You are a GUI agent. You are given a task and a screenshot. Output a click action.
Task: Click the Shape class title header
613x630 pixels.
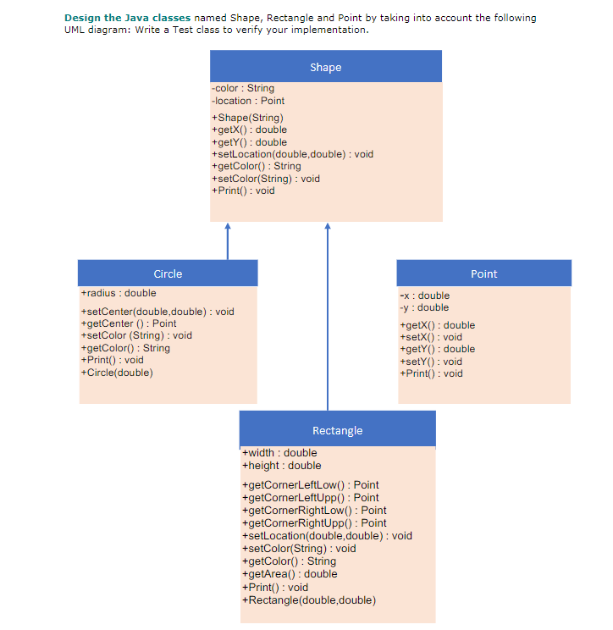pos(326,67)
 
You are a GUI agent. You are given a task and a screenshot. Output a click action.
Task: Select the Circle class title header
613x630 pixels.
pos(168,274)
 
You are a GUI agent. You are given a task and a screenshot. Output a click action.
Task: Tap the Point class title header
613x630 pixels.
pos(483,274)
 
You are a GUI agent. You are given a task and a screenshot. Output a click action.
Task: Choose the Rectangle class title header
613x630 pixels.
pos(337,430)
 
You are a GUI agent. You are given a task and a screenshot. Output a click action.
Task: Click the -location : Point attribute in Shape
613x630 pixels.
pos(248,101)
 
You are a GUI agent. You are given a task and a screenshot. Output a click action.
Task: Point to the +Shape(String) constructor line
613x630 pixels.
pos(247,117)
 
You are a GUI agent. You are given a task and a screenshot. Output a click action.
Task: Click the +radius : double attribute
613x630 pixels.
pos(119,293)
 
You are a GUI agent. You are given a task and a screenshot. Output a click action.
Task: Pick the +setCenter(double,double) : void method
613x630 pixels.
pos(157,312)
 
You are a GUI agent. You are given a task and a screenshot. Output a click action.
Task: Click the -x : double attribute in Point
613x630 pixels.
pos(424,296)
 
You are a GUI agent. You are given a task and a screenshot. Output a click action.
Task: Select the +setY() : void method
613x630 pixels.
pos(431,362)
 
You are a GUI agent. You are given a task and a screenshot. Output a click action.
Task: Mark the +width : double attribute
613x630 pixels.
pos(279,453)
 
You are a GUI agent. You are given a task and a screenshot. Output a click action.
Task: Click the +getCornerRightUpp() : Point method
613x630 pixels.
pos(314,523)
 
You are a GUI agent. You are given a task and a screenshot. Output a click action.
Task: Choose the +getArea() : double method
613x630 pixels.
pos(290,574)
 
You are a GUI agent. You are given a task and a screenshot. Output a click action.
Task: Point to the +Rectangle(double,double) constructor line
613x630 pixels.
pos(309,600)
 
